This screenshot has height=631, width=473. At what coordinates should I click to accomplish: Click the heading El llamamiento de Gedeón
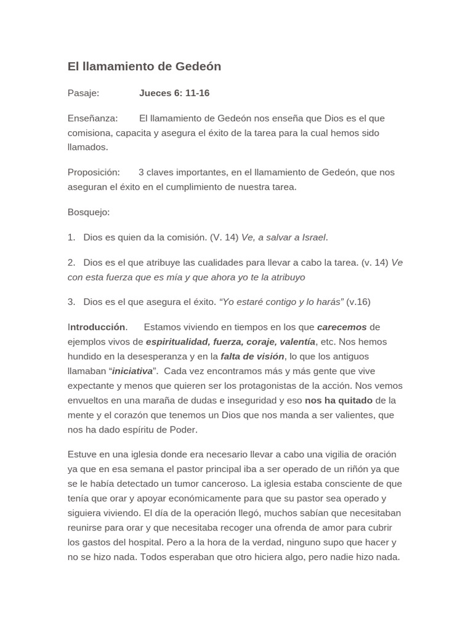click(144, 67)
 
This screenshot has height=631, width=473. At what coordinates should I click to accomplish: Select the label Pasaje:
click(83, 93)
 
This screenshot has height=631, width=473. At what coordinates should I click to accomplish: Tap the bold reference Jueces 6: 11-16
click(174, 93)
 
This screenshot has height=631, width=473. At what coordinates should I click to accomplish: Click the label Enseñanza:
click(92, 118)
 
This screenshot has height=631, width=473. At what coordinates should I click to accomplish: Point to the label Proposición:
click(94, 173)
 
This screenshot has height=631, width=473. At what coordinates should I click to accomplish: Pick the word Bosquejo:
click(89, 212)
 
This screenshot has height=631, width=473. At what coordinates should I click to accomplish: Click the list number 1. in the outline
click(71, 237)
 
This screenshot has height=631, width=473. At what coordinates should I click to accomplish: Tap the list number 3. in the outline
click(71, 302)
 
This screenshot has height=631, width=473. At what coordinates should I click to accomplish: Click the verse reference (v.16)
click(358, 302)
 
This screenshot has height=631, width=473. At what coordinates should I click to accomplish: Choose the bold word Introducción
click(98, 327)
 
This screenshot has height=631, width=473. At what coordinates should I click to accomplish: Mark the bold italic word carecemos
click(341, 327)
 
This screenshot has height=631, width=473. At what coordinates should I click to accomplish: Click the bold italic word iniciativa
click(132, 372)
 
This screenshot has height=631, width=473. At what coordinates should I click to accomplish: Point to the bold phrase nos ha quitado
click(339, 401)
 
